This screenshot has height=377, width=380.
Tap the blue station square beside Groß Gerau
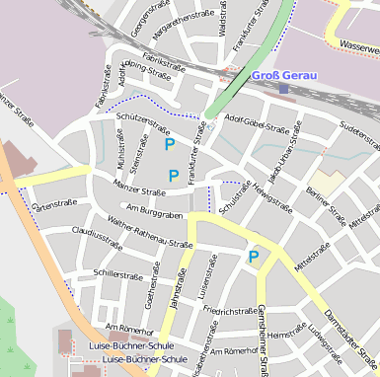coord(283,88)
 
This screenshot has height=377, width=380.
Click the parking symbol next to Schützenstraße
coord(170,144)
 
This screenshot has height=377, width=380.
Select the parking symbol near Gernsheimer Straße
coord(254,257)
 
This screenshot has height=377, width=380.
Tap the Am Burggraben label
coord(157,212)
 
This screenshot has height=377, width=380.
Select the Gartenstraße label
coord(54,205)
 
